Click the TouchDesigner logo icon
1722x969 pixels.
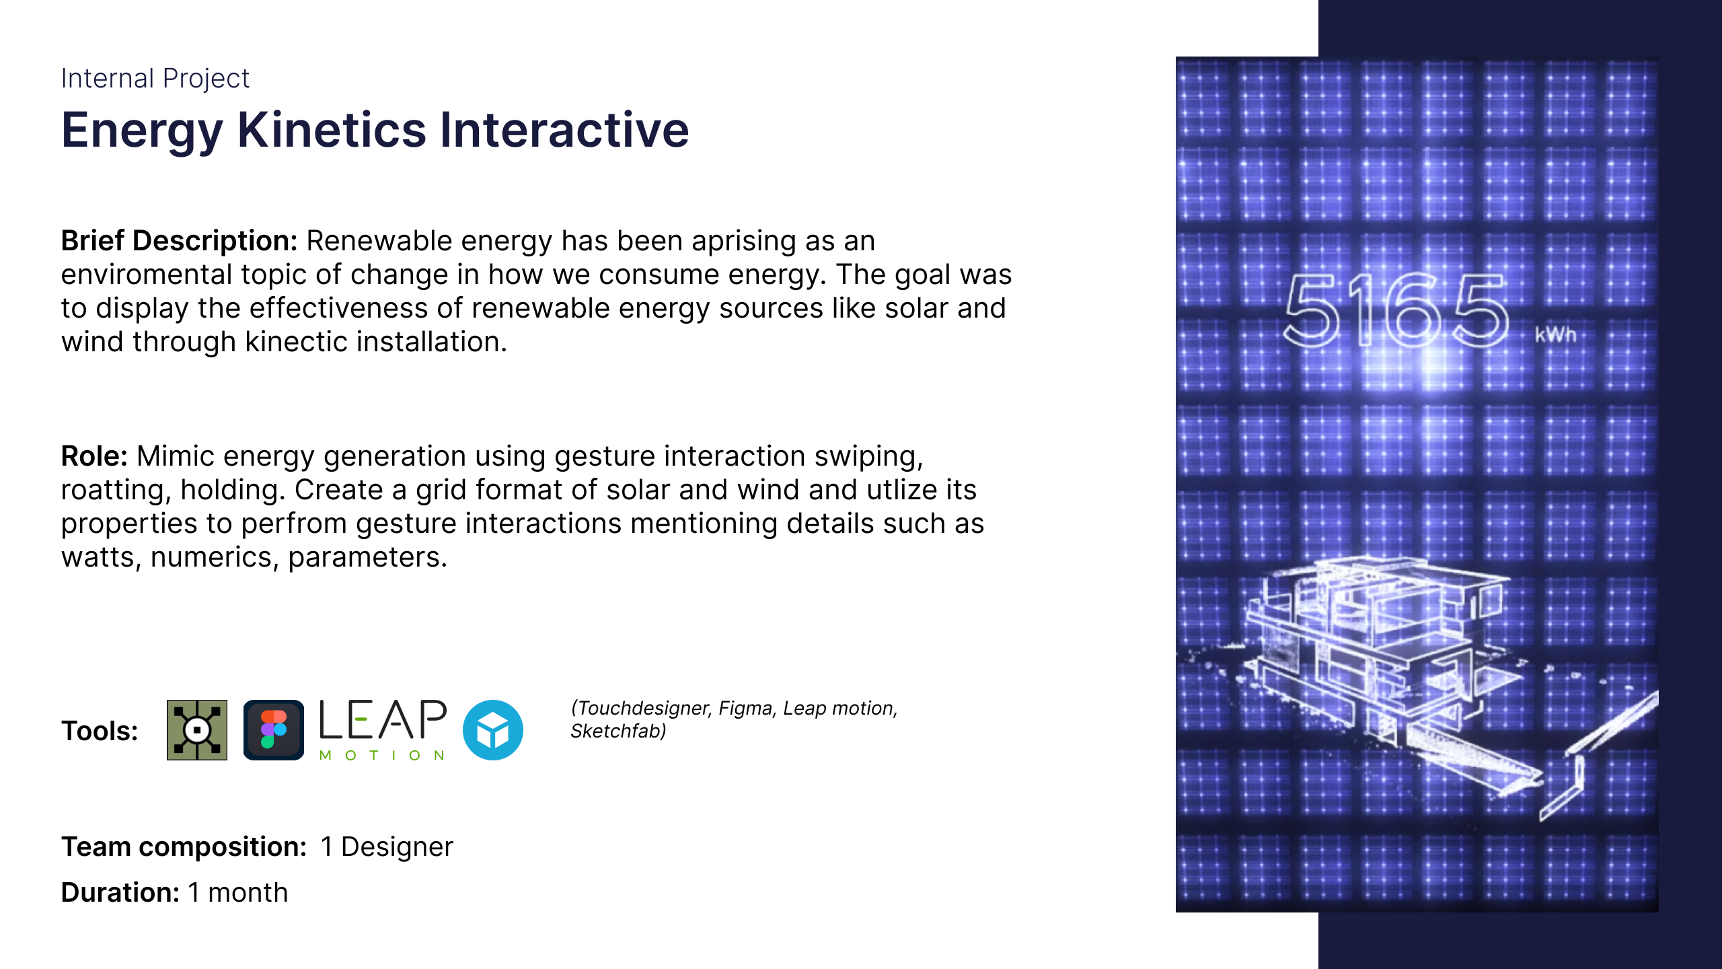click(197, 730)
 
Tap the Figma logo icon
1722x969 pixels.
click(274, 730)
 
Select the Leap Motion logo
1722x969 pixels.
click(383, 730)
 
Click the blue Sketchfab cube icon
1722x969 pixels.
click(493, 730)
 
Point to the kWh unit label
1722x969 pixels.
click(1555, 334)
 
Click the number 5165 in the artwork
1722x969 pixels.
click(1396, 311)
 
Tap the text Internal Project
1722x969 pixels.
click(155, 79)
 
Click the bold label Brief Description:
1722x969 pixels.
click(179, 240)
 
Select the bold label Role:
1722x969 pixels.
click(94, 456)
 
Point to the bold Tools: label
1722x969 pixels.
click(100, 731)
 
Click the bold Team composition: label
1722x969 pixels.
click(184, 847)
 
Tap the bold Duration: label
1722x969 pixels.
click(120, 892)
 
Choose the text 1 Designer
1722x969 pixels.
click(387, 847)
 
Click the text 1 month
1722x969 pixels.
click(238, 892)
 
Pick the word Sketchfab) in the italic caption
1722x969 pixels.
click(618, 731)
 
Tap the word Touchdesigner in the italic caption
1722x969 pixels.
click(642, 709)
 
